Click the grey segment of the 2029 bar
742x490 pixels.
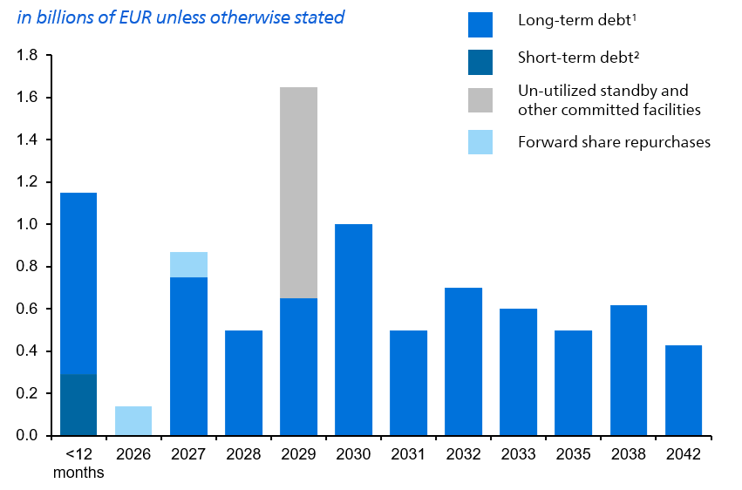click(298, 192)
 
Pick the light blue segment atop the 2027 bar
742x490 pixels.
click(188, 264)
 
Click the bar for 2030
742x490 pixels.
click(353, 330)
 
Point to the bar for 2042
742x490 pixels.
click(683, 391)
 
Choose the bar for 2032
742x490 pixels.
click(463, 362)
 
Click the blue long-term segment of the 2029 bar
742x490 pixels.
click(298, 367)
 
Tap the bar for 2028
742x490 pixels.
click(243, 383)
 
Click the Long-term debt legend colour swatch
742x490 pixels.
click(480, 24)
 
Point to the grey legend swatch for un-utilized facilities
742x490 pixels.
click(480, 100)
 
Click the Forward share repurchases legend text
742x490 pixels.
click(614, 142)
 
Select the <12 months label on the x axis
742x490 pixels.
click(78, 464)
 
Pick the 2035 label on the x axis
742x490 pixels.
click(573, 455)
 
